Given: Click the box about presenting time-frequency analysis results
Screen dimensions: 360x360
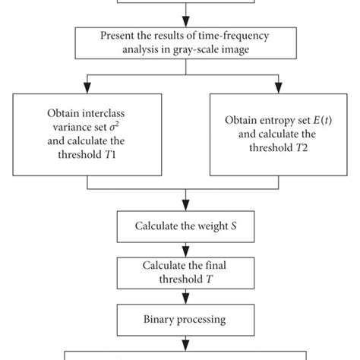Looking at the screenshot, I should pos(180,42).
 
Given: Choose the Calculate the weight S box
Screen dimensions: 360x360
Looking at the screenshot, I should pos(179,226).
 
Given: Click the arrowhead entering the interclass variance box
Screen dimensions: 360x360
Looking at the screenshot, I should pos(89,88).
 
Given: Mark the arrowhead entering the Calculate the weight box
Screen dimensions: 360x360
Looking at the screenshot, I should pos(179,207).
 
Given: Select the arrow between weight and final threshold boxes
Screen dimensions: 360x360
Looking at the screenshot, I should pos(179,248).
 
